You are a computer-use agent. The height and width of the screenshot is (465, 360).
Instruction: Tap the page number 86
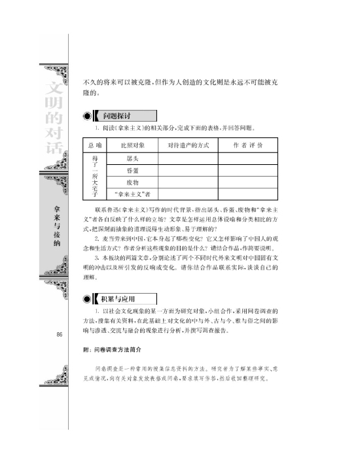point(60,335)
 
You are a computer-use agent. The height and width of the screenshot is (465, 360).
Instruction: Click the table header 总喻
point(96,145)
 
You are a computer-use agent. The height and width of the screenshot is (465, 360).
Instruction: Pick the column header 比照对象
point(132,145)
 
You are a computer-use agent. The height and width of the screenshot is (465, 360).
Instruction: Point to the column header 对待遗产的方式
point(188,145)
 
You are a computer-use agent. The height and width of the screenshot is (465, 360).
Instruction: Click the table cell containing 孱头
point(132,158)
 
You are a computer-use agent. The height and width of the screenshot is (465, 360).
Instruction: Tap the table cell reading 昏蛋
point(132,170)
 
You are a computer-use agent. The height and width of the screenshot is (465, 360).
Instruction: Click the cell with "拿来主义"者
point(132,194)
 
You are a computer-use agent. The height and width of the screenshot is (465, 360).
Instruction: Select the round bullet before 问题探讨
point(87,116)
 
